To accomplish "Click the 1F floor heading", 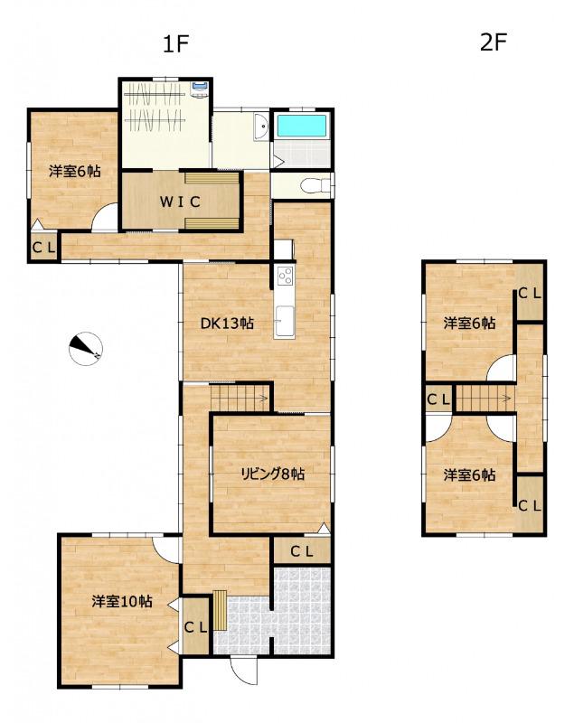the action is [x=176, y=44].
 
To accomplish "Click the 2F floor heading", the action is [x=494, y=42].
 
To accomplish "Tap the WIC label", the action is [x=180, y=202].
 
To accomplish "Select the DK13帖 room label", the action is [x=227, y=324].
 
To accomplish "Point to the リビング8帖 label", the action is [x=273, y=474].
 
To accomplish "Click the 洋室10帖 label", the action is [x=122, y=601].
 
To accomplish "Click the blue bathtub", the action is [x=302, y=126].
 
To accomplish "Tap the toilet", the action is [x=315, y=186].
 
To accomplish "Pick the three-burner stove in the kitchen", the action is [x=285, y=276].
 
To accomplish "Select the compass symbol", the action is [x=85, y=348].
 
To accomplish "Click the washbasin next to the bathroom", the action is [x=260, y=127].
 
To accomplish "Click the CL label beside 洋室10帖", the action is [x=196, y=627].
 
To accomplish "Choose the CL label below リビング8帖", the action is [x=302, y=551].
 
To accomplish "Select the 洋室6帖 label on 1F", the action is [x=75, y=172].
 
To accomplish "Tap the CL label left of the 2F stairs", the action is [x=438, y=399].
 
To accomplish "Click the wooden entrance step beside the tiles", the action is [x=221, y=610].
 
